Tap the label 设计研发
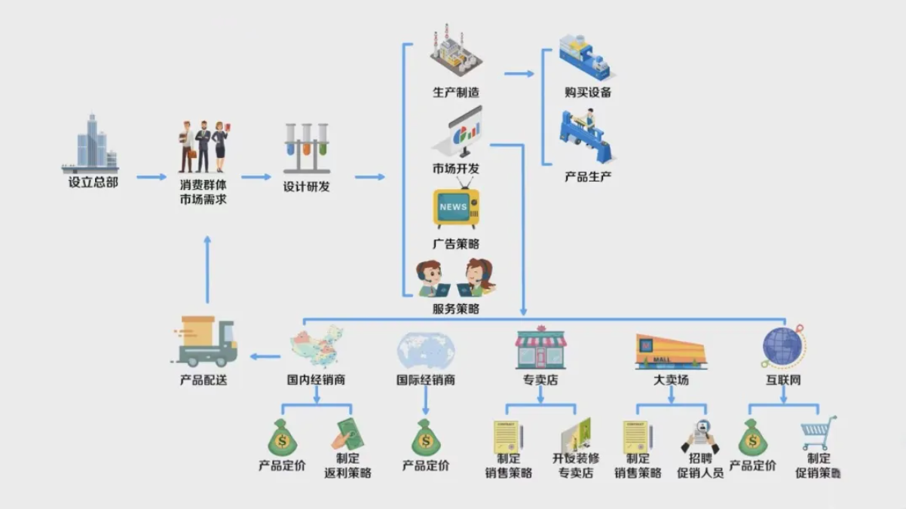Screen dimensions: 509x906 306,187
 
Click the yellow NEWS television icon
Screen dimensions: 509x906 456,208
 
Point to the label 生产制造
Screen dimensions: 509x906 456,93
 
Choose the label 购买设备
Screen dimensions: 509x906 588,93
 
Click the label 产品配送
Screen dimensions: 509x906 204,380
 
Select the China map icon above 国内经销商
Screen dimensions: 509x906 317,346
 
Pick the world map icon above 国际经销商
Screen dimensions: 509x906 426,349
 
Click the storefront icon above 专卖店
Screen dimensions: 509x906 540,348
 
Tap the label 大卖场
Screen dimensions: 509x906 671,380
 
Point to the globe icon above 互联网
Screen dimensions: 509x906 782,346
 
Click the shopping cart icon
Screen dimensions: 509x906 819,433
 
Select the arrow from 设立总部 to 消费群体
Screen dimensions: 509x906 152,178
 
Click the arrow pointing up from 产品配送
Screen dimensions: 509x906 207,268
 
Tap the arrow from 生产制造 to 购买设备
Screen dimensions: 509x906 519,74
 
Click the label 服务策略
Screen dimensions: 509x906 456,309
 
